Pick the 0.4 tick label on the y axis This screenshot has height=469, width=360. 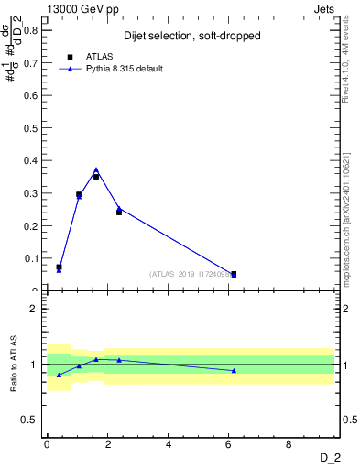tap(29, 160)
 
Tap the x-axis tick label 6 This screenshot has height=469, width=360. tap(229, 444)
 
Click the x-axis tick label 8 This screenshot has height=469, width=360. tap(289, 444)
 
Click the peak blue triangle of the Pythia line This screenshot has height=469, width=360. tap(96, 169)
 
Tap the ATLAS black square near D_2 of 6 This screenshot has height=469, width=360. tap(234, 274)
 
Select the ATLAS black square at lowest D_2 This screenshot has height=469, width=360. tap(59, 267)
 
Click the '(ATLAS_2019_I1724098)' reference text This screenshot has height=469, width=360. tap(189, 274)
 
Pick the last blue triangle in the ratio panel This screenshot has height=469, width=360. tap(234, 370)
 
